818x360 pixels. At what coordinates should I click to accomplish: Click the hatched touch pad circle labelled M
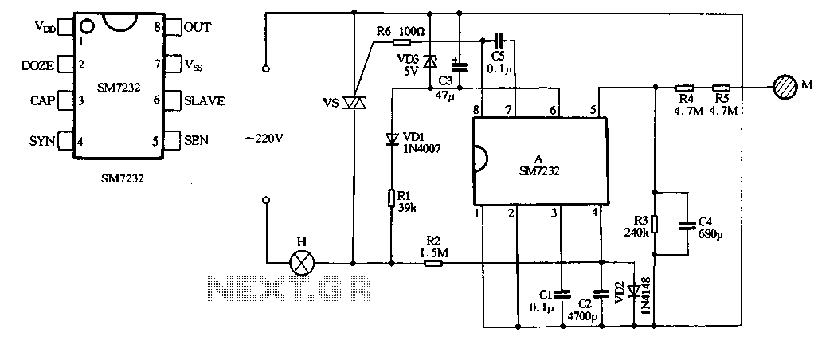tap(785, 87)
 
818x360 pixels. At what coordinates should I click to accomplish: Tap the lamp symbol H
tap(302, 263)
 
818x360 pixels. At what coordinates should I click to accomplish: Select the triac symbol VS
tap(354, 103)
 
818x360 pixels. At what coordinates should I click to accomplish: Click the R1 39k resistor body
tap(391, 199)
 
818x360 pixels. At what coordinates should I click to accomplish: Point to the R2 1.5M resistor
tap(433, 263)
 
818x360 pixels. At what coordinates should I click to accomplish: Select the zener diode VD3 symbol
tap(429, 62)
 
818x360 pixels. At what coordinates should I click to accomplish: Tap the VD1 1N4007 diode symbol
tap(391, 139)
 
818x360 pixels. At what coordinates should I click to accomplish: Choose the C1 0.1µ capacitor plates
tap(562, 294)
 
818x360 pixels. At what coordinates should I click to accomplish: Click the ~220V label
tap(265, 138)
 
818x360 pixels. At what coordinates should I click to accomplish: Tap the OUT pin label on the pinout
tap(198, 27)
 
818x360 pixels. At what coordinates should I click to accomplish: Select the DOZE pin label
tap(37, 65)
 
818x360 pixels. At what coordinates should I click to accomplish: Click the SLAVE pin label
tap(205, 100)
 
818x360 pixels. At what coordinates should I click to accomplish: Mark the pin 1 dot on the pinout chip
tap(88, 25)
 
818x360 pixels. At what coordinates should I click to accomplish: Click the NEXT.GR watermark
tap(289, 288)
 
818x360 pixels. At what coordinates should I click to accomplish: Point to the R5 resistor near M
tap(722, 88)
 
